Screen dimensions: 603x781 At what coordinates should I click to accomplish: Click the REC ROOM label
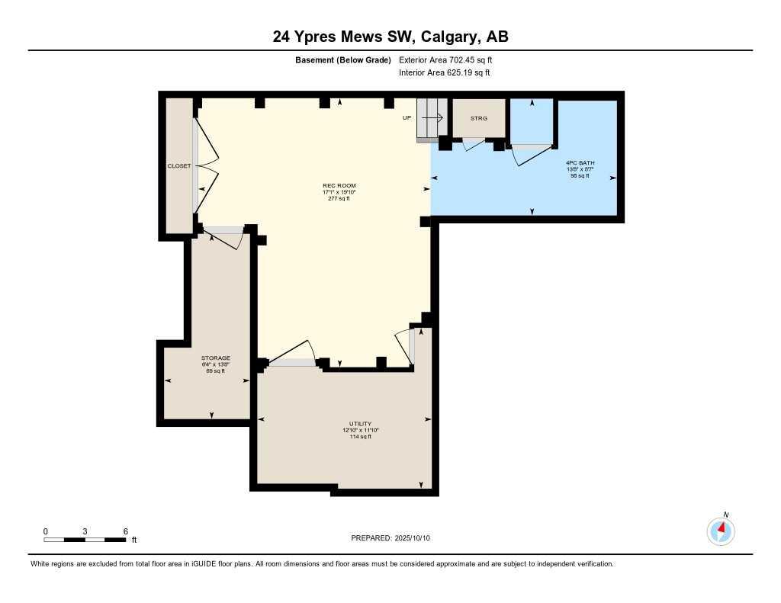(339, 185)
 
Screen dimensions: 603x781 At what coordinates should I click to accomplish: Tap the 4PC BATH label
(580, 162)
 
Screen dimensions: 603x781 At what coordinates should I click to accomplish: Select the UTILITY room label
(360, 424)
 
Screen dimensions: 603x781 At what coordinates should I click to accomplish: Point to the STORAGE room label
(216, 358)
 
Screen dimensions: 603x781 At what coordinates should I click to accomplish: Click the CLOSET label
(179, 165)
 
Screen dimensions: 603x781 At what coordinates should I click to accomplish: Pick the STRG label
(478, 118)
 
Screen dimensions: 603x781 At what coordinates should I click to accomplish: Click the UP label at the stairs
(407, 118)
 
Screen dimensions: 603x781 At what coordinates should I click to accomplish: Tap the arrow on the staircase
(434, 118)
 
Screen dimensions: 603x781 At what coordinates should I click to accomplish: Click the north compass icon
(721, 530)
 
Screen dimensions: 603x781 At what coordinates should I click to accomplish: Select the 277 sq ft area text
(339, 198)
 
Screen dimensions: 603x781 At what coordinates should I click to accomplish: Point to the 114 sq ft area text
(360, 437)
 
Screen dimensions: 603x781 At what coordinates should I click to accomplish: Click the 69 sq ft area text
(216, 370)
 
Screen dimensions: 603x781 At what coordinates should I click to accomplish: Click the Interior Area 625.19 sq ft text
(444, 73)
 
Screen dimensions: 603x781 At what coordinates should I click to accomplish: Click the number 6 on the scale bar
(125, 531)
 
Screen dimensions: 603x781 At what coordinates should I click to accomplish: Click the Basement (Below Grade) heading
(343, 59)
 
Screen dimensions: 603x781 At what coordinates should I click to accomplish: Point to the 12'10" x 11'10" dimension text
(360, 430)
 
